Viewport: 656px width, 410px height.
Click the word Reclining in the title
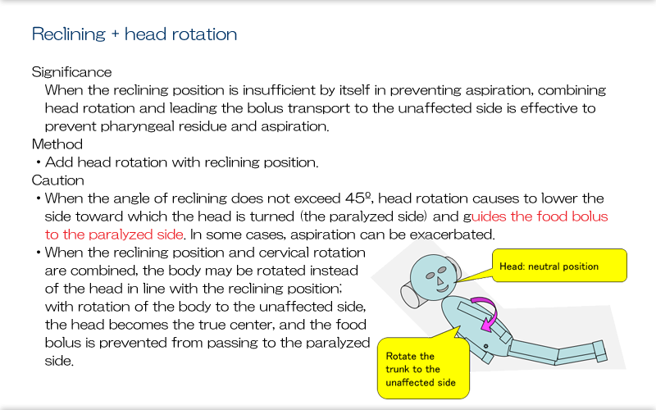[x=69, y=34]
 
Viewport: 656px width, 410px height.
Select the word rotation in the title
[x=198, y=34]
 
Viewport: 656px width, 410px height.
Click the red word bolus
[x=589, y=217]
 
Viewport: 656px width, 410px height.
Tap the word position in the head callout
[x=582, y=266]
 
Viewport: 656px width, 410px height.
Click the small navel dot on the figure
[x=485, y=347]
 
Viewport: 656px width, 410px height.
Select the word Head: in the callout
[x=512, y=266]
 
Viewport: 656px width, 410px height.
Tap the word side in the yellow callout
[x=455, y=383]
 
